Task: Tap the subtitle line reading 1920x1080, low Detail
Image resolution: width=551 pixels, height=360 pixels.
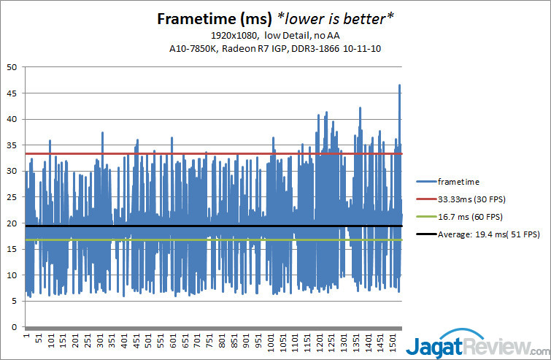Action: (275, 35)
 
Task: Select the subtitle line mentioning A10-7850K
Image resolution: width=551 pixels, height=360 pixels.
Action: (275, 48)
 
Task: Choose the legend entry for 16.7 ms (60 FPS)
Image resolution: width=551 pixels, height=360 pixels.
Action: (472, 215)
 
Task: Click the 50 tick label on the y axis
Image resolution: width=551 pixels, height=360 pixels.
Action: (12, 67)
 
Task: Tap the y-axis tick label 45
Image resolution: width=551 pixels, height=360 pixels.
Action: (12, 93)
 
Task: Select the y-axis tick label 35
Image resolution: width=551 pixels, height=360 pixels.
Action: (12, 145)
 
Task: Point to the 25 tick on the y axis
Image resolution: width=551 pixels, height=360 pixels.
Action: (12, 197)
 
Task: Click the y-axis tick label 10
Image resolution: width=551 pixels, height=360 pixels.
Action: (12, 275)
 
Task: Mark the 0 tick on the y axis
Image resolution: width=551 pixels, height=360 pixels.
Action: (14, 327)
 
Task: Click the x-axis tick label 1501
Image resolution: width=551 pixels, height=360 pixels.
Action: (393, 342)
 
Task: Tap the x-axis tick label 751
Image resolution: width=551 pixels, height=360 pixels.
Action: (210, 342)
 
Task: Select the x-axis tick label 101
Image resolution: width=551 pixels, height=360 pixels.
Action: (51, 342)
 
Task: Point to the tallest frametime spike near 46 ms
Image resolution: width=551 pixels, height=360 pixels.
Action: (399, 86)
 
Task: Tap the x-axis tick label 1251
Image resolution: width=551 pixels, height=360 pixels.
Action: (332, 342)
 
